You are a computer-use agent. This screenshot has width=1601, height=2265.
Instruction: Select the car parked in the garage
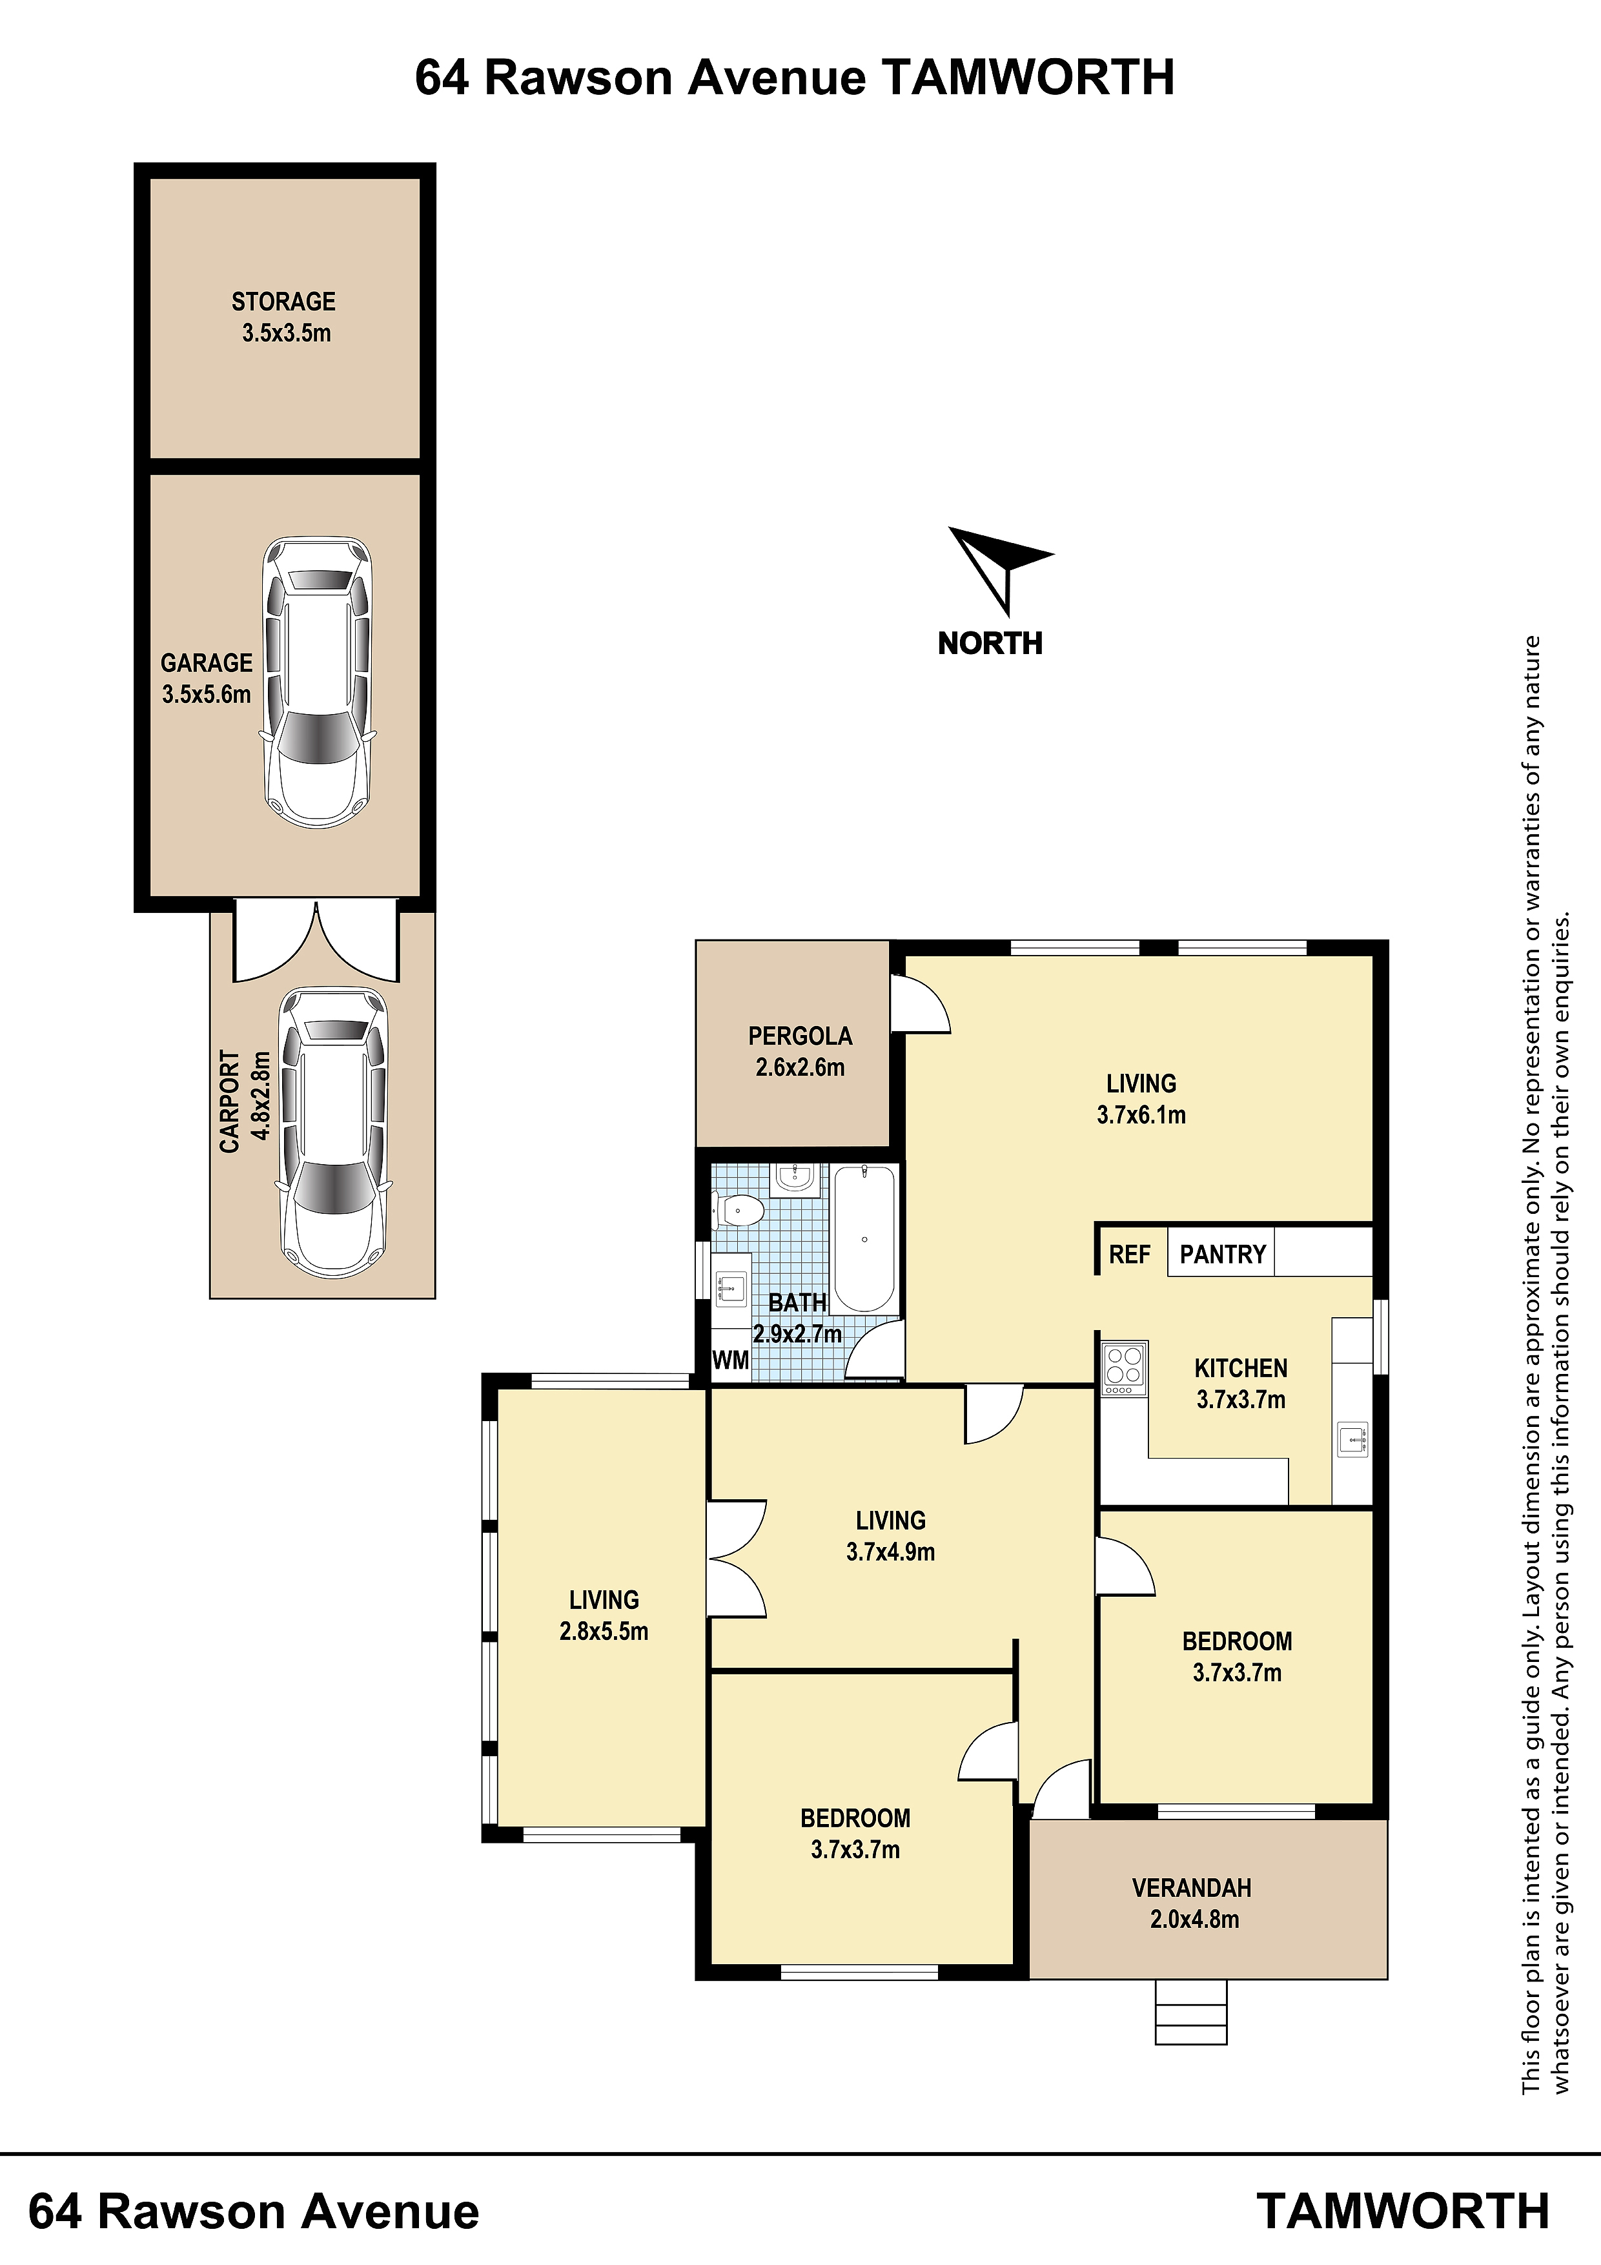316,682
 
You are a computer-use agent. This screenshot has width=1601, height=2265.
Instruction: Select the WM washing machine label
730,1360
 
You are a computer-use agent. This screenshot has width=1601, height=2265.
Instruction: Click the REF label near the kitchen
1130,1254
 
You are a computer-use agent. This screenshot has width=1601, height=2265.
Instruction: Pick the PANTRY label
1222,1254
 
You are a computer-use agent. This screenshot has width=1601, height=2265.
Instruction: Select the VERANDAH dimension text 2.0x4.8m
1194,1919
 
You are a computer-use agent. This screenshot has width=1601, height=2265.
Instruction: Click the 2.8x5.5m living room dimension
604,1631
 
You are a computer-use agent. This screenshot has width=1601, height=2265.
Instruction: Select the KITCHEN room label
1241,1368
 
